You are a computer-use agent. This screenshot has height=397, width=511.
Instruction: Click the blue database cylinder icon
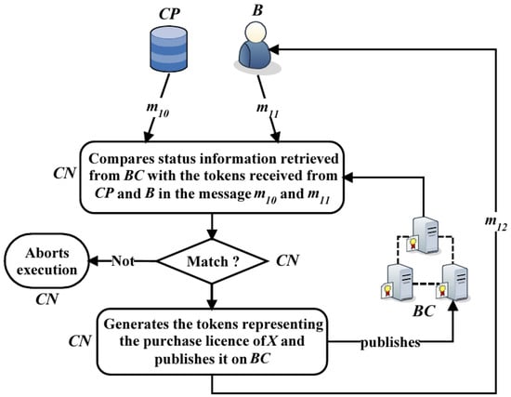(169, 49)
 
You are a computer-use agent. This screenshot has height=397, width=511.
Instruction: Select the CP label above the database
(169, 14)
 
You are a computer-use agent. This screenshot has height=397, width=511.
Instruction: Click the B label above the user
(257, 10)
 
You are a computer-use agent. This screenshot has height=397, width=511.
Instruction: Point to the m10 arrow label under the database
(158, 110)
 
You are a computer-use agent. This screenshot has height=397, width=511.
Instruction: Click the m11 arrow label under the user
(268, 110)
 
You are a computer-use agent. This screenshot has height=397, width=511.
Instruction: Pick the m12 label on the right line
(496, 223)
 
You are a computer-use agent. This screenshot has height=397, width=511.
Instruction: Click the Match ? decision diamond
(212, 261)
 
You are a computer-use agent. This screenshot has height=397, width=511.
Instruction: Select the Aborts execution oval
(46, 261)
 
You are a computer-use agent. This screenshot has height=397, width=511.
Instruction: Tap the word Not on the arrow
(123, 261)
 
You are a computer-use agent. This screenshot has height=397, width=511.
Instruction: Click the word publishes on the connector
(390, 342)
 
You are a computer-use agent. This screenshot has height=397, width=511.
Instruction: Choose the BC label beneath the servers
(424, 311)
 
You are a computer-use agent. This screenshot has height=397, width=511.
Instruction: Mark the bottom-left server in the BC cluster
(398, 282)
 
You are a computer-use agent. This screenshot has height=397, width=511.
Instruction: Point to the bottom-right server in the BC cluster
(452, 283)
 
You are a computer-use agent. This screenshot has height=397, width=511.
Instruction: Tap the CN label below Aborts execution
(47, 299)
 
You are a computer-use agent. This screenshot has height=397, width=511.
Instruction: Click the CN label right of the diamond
(287, 261)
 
